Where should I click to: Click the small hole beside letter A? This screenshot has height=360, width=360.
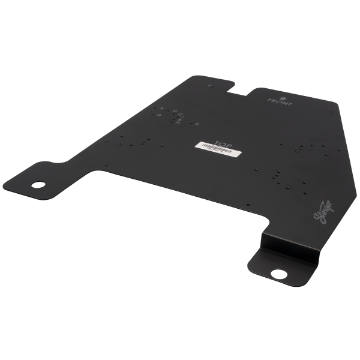click(x=154, y=107)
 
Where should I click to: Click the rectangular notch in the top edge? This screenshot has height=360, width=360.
click(x=239, y=91)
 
